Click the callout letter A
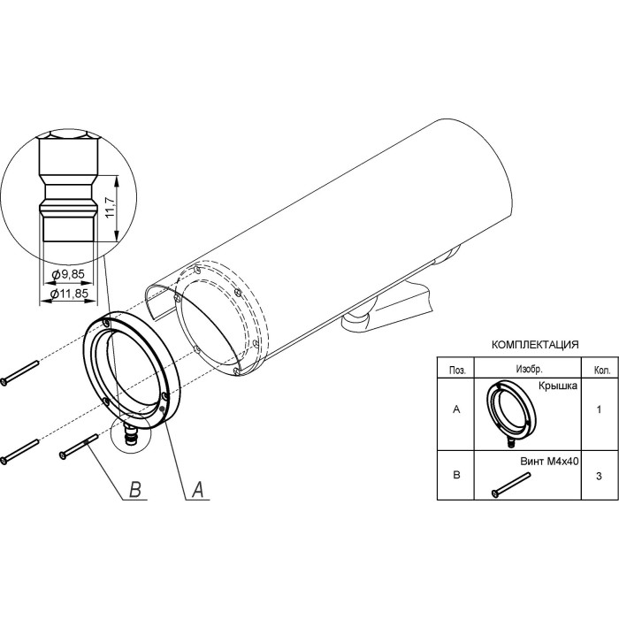click(198, 490)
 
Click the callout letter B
click(135, 490)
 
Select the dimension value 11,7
click(111, 207)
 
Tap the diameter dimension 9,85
click(68, 274)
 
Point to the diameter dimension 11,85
click(70, 294)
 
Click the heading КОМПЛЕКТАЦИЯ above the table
click(535, 345)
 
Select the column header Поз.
click(457, 371)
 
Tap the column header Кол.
click(602, 371)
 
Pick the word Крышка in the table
click(558, 386)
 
